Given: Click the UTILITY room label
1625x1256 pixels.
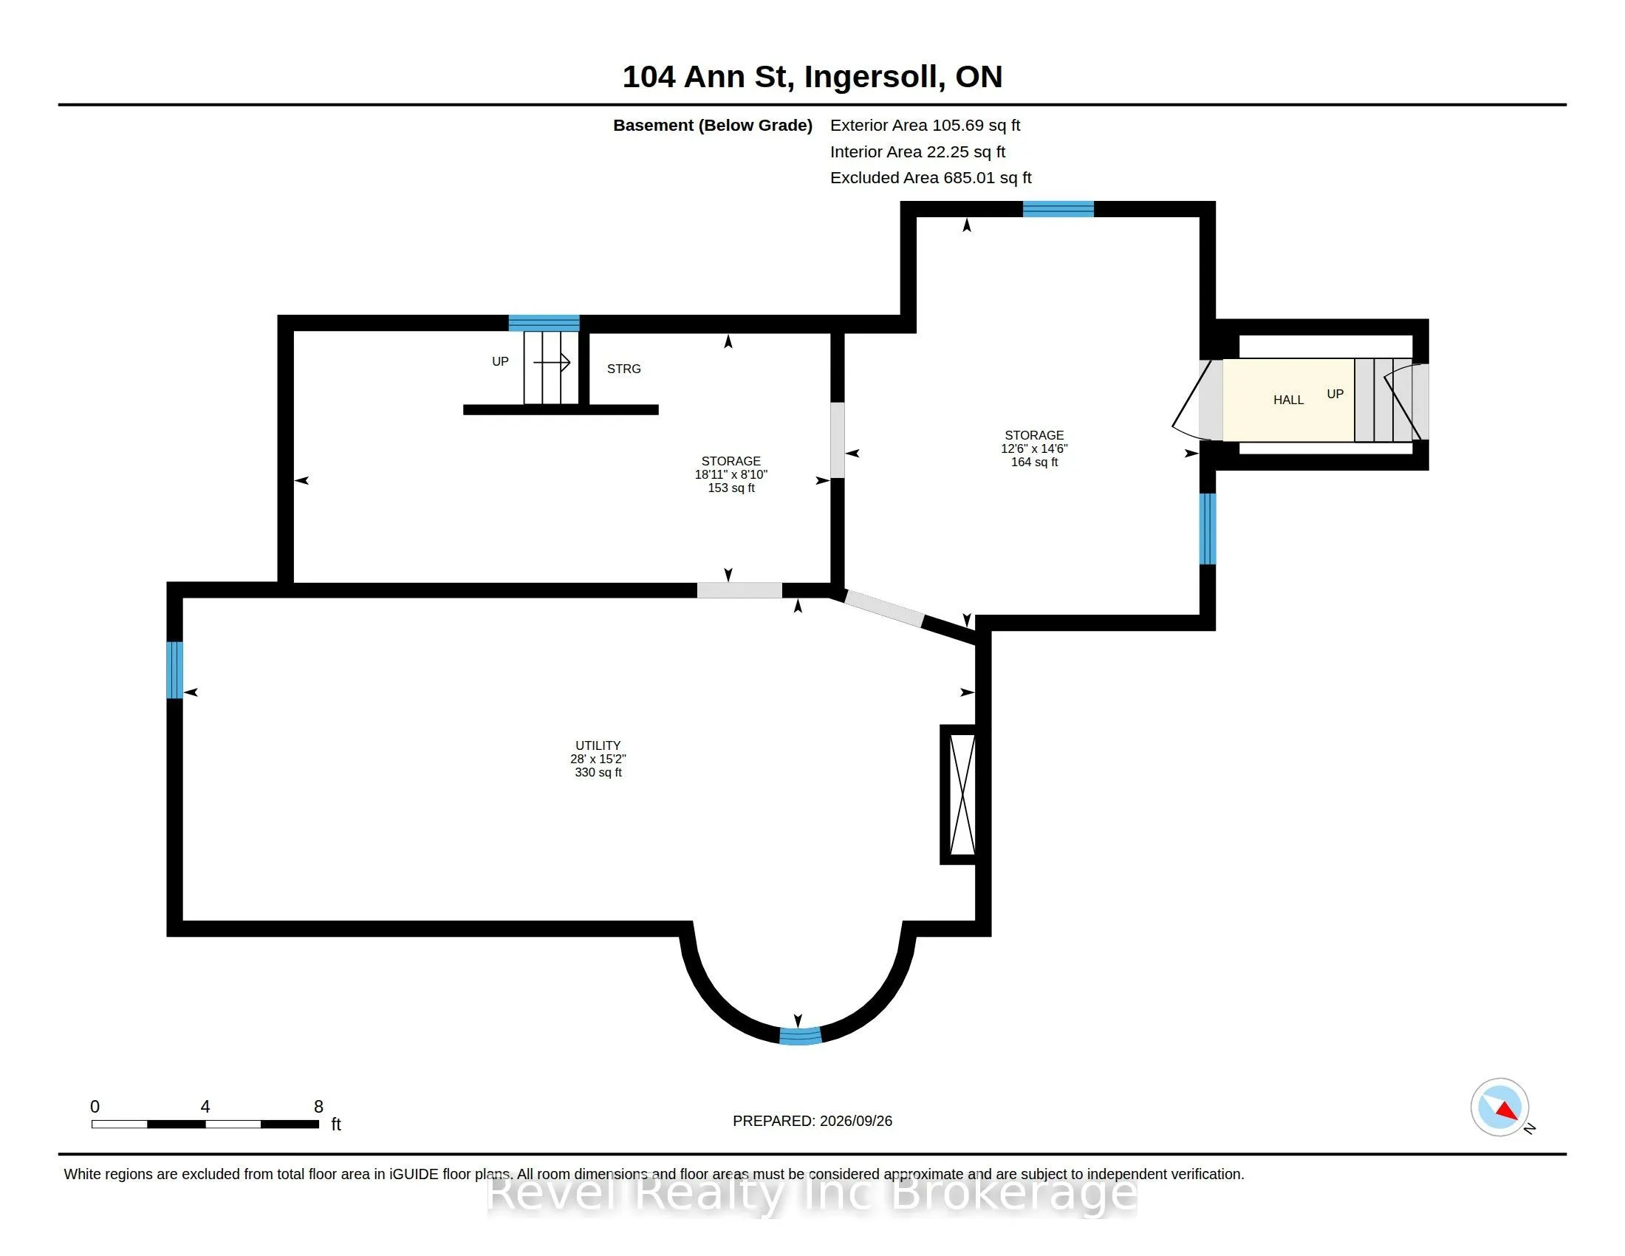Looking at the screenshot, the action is point(598,745).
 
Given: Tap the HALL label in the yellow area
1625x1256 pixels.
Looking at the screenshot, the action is point(1288,400).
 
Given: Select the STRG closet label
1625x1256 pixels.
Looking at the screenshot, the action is point(623,369).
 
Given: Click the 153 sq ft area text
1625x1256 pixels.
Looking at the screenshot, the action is point(731,488).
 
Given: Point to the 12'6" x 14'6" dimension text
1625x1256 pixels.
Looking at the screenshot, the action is point(1033,448).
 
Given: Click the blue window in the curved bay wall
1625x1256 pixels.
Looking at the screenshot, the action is point(800,1035).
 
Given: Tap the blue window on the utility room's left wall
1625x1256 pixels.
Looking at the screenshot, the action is point(175,669).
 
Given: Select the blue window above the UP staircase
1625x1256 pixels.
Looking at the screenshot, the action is point(544,323).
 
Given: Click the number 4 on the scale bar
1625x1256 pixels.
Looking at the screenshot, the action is point(205,1107).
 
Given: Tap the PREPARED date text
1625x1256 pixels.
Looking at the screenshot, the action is point(812,1121).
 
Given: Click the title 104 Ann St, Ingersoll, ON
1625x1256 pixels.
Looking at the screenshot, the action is point(812,77).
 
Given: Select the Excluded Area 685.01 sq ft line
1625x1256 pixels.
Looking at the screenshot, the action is point(930,178).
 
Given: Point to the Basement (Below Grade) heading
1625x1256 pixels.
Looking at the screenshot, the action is point(712,125).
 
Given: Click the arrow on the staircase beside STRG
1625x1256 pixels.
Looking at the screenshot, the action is point(551,362).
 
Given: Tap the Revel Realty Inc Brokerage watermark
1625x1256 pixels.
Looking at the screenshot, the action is point(812,1193).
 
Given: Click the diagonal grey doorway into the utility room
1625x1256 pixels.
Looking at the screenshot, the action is point(885,608).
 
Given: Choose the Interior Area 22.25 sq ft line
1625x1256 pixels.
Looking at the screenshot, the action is point(917,151).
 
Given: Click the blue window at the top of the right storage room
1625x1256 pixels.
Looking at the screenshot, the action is point(1058,209).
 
